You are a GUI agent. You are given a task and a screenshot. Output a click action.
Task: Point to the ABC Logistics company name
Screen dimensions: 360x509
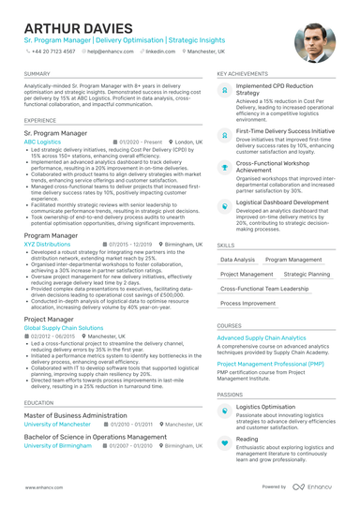coord(42,142)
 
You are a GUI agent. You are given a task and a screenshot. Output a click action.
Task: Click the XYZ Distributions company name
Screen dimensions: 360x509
coord(47,244)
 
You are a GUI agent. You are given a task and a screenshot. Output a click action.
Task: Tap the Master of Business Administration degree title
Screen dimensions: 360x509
coord(75,414)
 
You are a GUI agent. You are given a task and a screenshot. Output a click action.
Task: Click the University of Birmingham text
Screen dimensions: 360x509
coord(57,446)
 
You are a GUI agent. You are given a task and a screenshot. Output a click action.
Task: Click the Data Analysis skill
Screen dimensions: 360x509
coord(237,259)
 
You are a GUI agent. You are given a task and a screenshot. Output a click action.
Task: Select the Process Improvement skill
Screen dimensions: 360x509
coord(248,304)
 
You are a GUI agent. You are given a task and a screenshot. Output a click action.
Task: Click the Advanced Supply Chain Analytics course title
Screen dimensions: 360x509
coord(262,337)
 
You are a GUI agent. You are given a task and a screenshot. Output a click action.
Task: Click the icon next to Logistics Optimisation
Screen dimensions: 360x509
coord(224,409)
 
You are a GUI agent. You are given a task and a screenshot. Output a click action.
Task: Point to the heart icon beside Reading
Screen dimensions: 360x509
coord(224,441)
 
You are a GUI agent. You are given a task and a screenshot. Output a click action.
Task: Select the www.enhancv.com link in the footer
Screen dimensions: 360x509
coord(44,487)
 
